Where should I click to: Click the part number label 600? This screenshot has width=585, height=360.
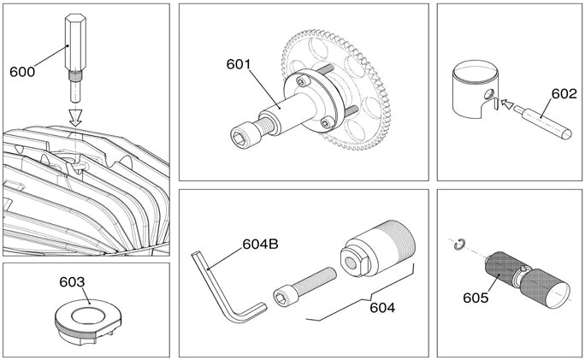(x=22, y=72)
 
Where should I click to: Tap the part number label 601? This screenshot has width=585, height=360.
(x=240, y=64)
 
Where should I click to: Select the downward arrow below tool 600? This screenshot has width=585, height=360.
(x=75, y=115)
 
